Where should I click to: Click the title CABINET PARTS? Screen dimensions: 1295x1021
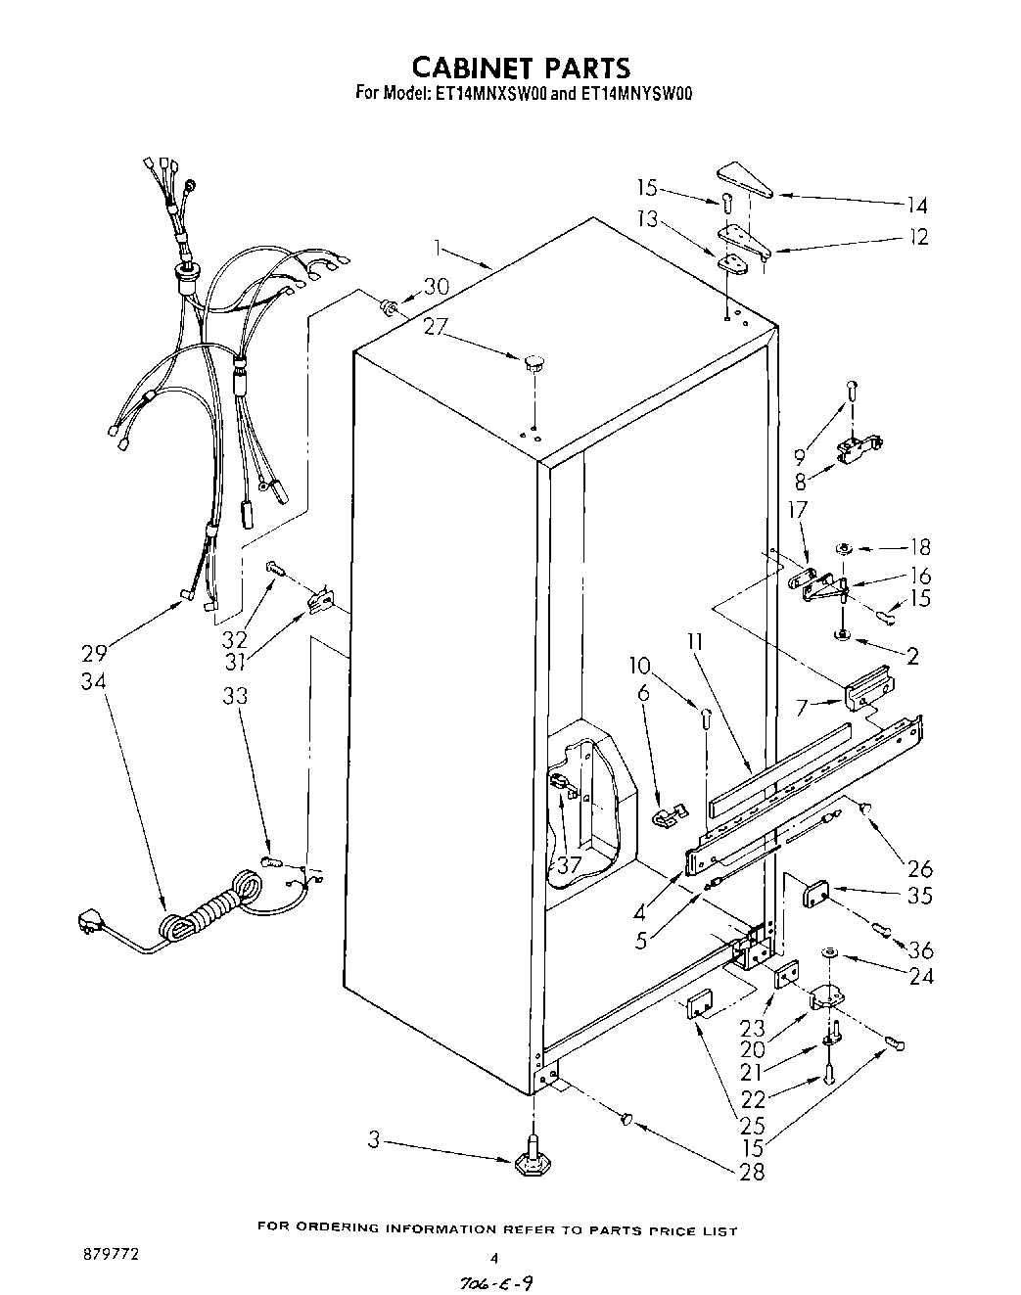520,67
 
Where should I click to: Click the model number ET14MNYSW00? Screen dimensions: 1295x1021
636,95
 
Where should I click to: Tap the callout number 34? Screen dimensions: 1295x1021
95,681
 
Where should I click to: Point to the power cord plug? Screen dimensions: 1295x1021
90,922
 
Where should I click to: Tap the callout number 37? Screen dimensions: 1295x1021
569,863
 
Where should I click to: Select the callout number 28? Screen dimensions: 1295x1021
752,1171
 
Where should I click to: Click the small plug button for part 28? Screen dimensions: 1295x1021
627,1119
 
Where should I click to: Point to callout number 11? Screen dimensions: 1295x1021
695,643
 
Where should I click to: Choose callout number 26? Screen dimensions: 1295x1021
919,867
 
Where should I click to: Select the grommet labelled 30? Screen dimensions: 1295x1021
390,308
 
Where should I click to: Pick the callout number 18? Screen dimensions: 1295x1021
919,547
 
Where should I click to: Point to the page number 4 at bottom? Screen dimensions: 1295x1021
494,1259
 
